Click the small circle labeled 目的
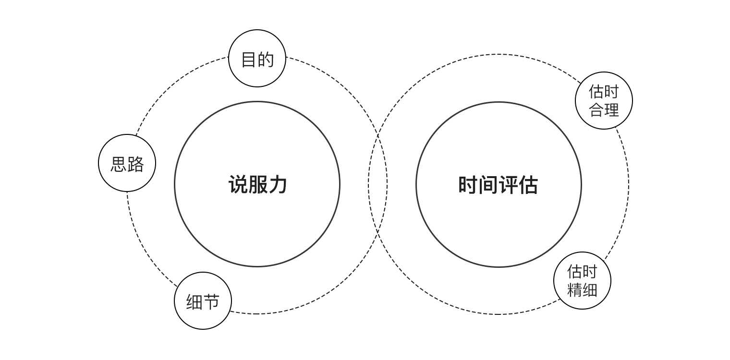[257, 59]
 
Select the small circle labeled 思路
[127, 163]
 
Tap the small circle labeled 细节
[203, 301]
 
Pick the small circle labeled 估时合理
[604, 101]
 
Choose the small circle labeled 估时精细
[582, 281]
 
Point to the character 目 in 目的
[248, 60]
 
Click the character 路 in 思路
[136, 164]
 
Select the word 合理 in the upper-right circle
[604, 110]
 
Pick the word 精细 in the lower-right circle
[582, 290]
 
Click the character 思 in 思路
[119, 164]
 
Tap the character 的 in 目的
[266, 60]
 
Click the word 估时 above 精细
[582, 272]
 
